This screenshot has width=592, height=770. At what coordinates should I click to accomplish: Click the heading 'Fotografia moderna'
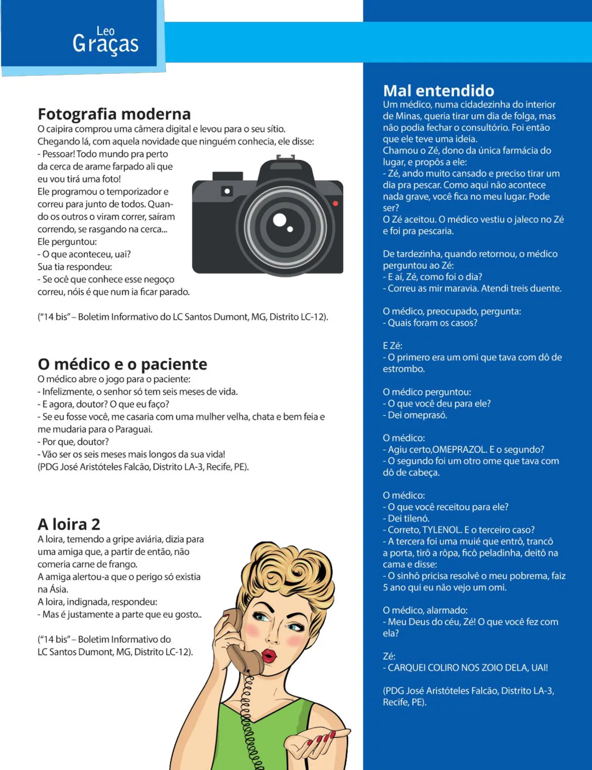click(114, 114)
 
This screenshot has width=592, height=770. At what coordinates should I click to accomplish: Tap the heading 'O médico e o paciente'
click(122, 364)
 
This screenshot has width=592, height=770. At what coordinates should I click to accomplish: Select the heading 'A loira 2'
click(69, 524)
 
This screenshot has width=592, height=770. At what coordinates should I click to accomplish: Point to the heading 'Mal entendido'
click(439, 91)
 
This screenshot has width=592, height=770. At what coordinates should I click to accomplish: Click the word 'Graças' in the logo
click(106, 44)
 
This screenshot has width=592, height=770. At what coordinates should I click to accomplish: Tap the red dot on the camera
click(335, 203)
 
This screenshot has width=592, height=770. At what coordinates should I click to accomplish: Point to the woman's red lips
click(269, 656)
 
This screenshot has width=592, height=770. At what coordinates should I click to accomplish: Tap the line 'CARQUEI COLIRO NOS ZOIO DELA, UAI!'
click(468, 668)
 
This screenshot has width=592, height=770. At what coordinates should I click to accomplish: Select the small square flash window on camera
click(227, 191)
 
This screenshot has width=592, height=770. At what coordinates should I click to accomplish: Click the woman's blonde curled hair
click(291, 572)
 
